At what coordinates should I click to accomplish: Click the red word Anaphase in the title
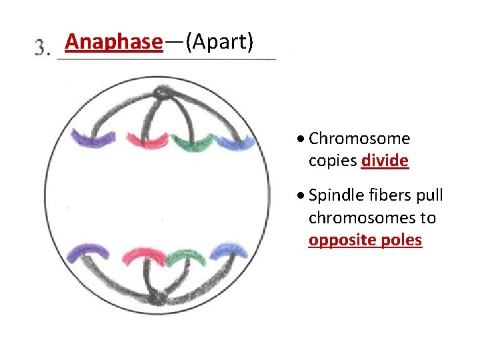pos(113,42)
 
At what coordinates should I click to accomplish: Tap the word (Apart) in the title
pos(219,42)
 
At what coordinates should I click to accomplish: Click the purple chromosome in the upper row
pos(94,138)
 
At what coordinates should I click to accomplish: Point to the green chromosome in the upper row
pos(191,142)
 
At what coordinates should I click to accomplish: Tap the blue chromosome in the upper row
pos(233,141)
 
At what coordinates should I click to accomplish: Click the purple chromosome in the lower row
pos(92,251)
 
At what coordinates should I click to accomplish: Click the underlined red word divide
pos(385,161)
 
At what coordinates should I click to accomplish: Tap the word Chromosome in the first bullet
pos(359,139)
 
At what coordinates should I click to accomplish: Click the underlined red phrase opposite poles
pos(365,240)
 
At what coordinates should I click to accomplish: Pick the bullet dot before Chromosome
pos(302,139)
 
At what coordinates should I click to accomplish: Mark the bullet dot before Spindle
pos(302,196)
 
